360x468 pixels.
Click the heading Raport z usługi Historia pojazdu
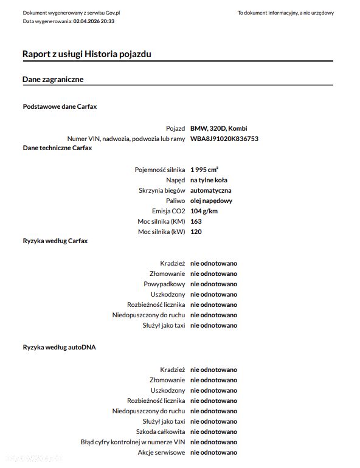(x=87, y=54)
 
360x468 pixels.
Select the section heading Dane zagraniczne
(x=53, y=80)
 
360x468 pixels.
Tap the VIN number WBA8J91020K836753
(x=224, y=139)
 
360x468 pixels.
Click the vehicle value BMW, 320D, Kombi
(x=218, y=128)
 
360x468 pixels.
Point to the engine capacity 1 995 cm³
(x=204, y=170)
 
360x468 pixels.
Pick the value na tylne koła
(x=209, y=180)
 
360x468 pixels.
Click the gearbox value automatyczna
(x=210, y=190)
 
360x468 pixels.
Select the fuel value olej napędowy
(x=211, y=201)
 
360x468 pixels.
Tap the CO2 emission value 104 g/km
(x=204, y=211)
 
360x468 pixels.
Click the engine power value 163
(x=196, y=221)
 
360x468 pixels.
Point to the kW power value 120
(x=196, y=232)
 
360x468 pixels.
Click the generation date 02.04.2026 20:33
(x=94, y=21)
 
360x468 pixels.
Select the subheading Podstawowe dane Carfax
(x=60, y=106)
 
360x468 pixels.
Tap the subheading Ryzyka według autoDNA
(x=59, y=347)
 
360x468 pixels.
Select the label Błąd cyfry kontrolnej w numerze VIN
(x=133, y=442)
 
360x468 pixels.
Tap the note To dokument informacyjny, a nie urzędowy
(x=285, y=13)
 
